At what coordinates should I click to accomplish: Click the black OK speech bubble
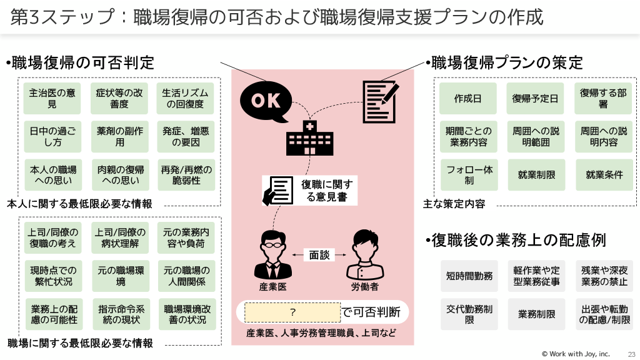(x=266, y=101)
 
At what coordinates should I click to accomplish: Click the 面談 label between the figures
(x=319, y=255)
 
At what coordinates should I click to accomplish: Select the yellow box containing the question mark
(x=292, y=311)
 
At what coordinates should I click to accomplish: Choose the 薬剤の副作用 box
(x=120, y=137)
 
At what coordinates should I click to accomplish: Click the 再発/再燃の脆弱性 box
(x=186, y=175)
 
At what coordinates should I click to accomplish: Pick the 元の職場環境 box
(x=120, y=276)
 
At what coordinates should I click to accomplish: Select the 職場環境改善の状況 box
(x=186, y=314)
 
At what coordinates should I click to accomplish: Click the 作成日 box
(x=467, y=99)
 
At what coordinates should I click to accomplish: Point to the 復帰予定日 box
(x=535, y=99)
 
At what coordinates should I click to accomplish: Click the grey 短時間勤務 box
(x=469, y=276)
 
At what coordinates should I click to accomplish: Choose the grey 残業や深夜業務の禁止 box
(x=604, y=276)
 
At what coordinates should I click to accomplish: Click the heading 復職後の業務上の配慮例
(x=519, y=240)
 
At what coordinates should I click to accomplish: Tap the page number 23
(x=631, y=354)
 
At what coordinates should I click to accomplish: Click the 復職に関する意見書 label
(x=326, y=190)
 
